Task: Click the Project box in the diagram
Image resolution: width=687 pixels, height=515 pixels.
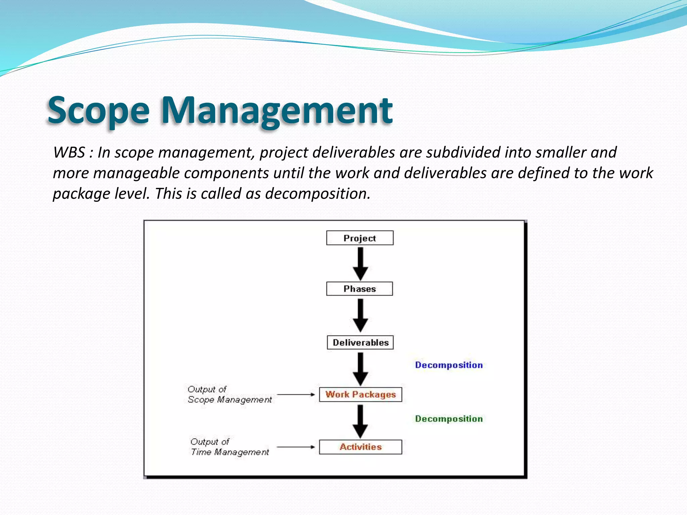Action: pyautogui.click(x=360, y=238)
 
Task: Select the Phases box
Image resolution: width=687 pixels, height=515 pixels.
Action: pyautogui.click(x=359, y=289)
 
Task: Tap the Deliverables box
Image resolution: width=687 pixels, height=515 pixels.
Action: pyautogui.click(x=360, y=343)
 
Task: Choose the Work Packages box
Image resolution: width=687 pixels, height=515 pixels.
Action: pyautogui.click(x=360, y=395)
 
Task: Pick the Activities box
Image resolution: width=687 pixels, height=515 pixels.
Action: pyautogui.click(x=360, y=447)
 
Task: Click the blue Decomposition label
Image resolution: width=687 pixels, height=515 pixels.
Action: pyautogui.click(x=449, y=365)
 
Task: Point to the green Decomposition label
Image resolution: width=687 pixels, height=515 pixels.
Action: pyautogui.click(x=449, y=419)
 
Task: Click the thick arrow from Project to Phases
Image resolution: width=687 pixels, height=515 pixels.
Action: pyautogui.click(x=360, y=264)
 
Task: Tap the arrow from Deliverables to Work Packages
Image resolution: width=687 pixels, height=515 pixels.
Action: pyautogui.click(x=360, y=368)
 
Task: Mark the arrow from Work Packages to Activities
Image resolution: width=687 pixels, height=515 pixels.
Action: pyautogui.click(x=360, y=421)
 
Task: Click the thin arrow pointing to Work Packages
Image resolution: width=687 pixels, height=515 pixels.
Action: pyautogui.click(x=296, y=395)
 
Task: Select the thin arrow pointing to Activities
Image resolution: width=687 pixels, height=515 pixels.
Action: pyautogui.click(x=296, y=447)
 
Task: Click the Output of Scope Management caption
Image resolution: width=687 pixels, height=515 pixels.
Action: pyautogui.click(x=229, y=395)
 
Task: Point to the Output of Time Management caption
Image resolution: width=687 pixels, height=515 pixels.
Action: pyautogui.click(x=229, y=447)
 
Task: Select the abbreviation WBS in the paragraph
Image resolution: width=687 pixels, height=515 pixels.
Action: pyautogui.click(x=69, y=153)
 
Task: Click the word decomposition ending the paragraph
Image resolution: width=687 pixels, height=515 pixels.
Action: pyautogui.click(x=317, y=194)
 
